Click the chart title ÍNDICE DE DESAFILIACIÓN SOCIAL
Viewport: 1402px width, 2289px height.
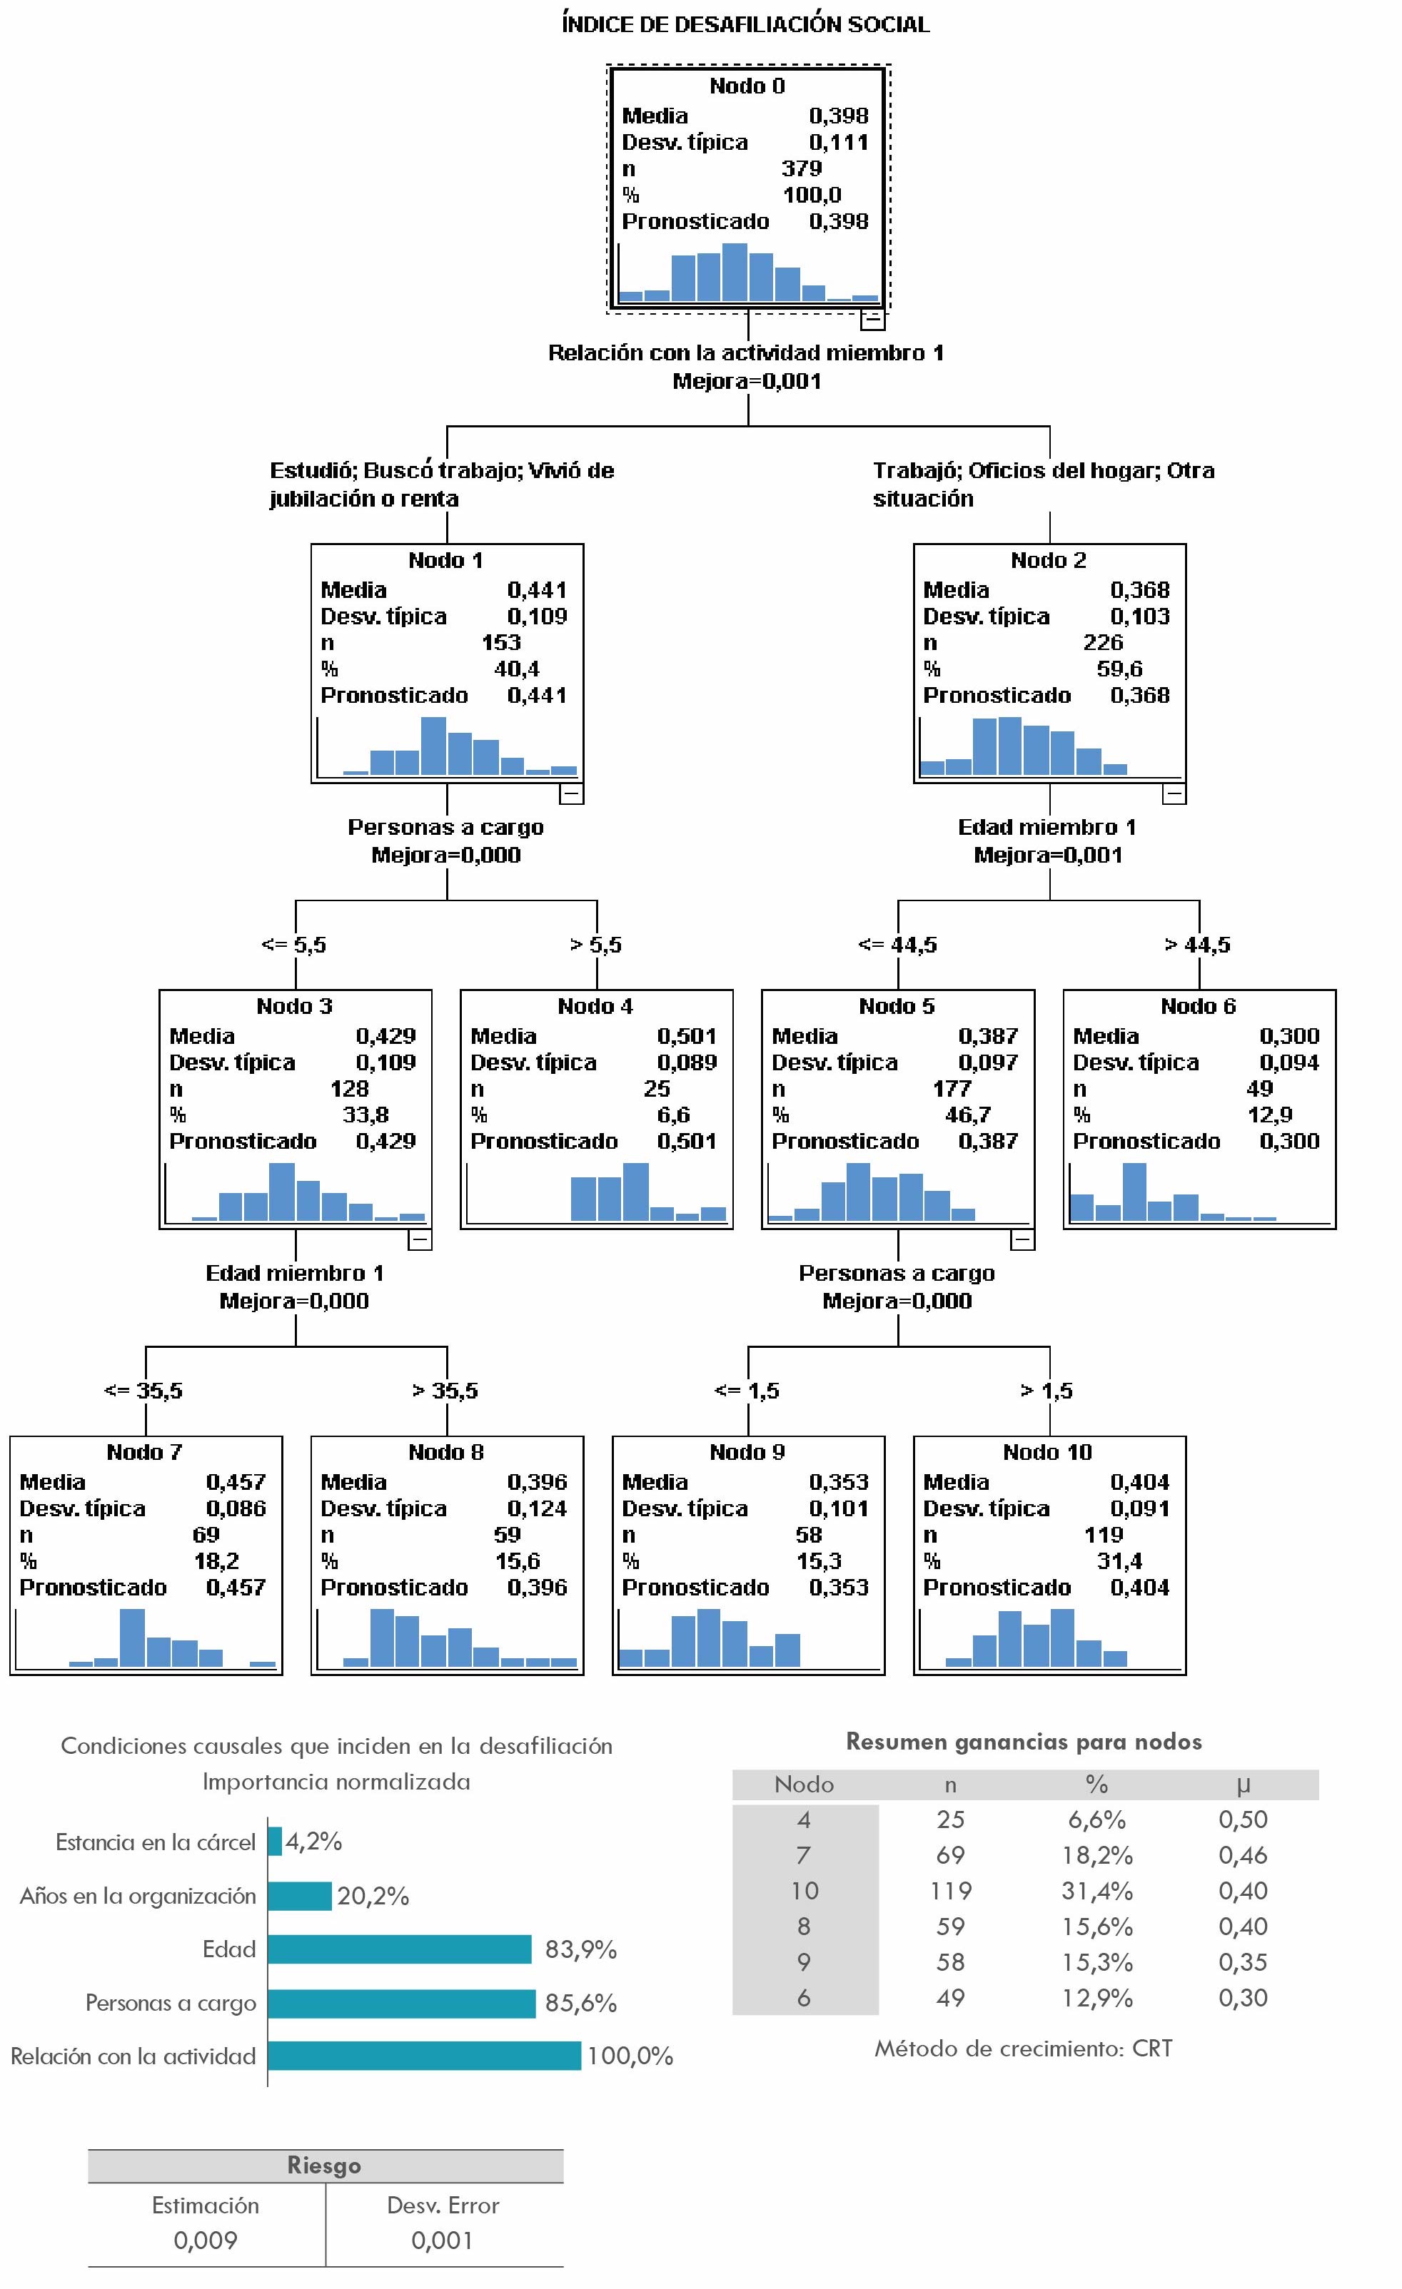pyautogui.click(x=745, y=25)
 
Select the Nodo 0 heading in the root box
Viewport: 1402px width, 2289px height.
pyautogui.click(x=747, y=86)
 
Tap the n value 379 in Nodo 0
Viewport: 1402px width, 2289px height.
pyautogui.click(x=801, y=168)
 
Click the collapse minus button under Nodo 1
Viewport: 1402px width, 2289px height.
pyautogui.click(x=571, y=793)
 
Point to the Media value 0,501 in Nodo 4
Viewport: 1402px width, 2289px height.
pyautogui.click(x=686, y=1036)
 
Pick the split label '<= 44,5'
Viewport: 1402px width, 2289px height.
pyautogui.click(x=897, y=945)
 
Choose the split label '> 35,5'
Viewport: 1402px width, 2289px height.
pyautogui.click(x=445, y=1391)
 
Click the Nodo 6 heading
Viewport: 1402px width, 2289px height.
pyautogui.click(x=1198, y=1006)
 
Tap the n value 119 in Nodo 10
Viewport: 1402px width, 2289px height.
pyautogui.click(x=1103, y=1535)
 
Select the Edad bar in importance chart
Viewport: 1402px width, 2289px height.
pyautogui.click(x=400, y=1949)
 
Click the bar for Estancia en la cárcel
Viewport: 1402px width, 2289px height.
pyautogui.click(x=275, y=1841)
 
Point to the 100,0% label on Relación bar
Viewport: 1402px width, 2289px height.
pyautogui.click(x=630, y=2056)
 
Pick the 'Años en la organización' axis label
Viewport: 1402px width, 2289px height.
pyautogui.click(x=138, y=1896)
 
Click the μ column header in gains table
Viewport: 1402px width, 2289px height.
pyautogui.click(x=1243, y=1785)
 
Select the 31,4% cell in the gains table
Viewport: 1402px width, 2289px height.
pyautogui.click(x=1096, y=1890)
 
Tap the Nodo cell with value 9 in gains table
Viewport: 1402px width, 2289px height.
pyautogui.click(x=804, y=1962)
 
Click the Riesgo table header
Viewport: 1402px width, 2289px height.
pyautogui.click(x=324, y=2166)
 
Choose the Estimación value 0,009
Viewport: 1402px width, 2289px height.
pyautogui.click(x=206, y=2240)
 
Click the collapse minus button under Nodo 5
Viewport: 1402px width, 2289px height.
pyautogui.click(x=1022, y=1239)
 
